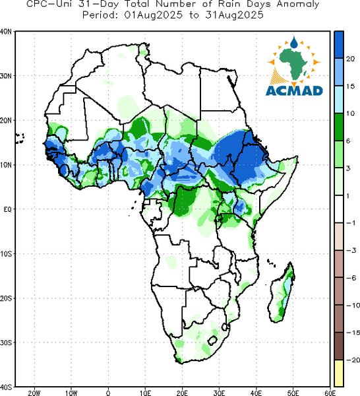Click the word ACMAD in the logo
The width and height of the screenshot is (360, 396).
click(294, 90)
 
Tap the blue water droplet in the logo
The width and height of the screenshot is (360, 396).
click(294, 42)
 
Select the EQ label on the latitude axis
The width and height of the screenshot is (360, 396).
click(7, 210)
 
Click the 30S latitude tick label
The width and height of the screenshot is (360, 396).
click(5, 343)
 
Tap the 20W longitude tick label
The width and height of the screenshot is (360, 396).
click(34, 393)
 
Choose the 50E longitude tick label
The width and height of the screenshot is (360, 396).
click(293, 393)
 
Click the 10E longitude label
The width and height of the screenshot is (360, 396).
click(145, 393)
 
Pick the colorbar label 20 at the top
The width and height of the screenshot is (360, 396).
click(350, 59)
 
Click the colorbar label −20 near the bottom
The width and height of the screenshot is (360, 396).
click(353, 360)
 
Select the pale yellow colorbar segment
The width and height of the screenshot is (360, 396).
click(338, 374)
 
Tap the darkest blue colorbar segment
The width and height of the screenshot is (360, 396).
click(338, 45)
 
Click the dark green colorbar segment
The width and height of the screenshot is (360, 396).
click(338, 127)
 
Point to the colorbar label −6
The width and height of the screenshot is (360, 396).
click(351, 278)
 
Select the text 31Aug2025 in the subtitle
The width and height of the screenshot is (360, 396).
click(234, 15)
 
